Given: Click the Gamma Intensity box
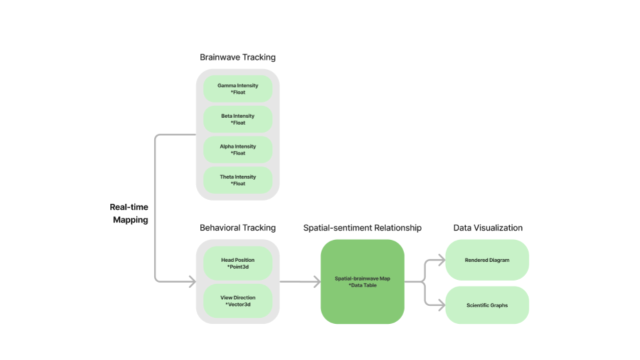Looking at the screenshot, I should [x=237, y=89].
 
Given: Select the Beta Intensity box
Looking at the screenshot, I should [x=237, y=119].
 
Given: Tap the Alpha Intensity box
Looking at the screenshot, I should [x=237, y=149].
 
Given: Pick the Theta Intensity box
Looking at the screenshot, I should [x=237, y=180].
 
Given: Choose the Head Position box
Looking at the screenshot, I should [x=237, y=263].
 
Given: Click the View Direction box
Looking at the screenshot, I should [x=237, y=301].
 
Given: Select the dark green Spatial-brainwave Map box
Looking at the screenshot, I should [x=362, y=282].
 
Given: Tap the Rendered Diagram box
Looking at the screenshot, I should [x=487, y=260].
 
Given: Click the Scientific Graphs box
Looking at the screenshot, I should [x=487, y=305].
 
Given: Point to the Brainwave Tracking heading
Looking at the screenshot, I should [x=237, y=57].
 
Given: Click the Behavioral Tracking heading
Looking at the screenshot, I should [x=237, y=228].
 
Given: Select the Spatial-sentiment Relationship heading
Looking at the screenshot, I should [x=362, y=228].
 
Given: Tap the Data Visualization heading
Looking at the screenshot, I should [x=488, y=228].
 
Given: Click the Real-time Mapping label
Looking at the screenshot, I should [x=129, y=213].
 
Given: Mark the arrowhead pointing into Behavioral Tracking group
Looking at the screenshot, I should [x=191, y=281].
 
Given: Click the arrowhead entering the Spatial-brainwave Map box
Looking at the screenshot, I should [x=317, y=281].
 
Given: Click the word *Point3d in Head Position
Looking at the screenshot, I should [x=237, y=267].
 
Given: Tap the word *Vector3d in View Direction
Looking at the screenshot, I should [x=237, y=305].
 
